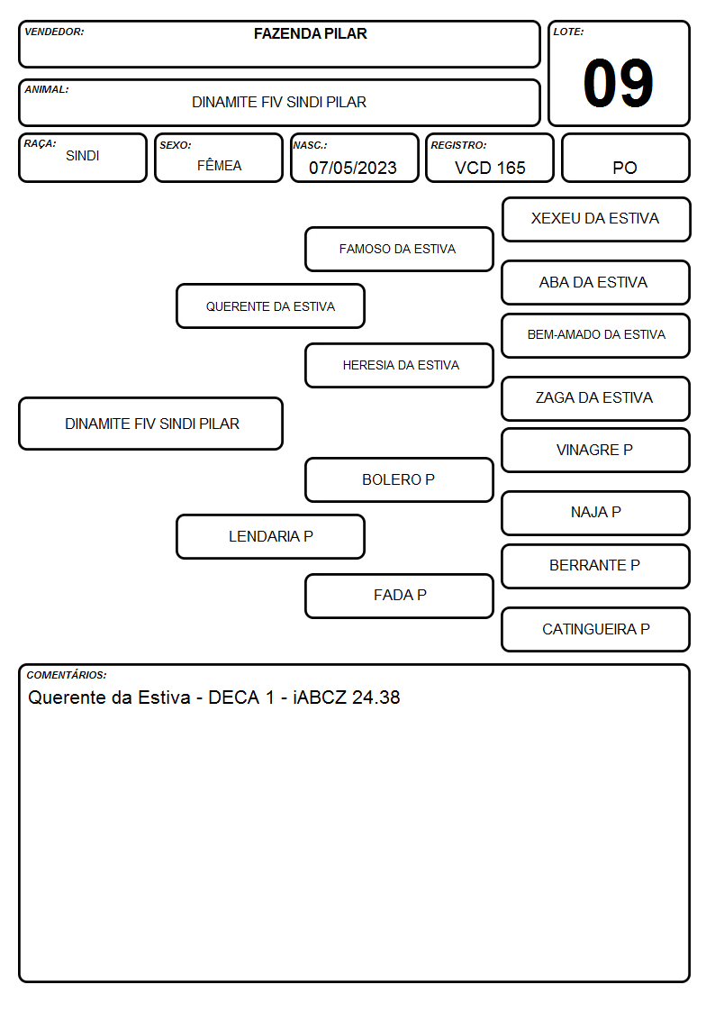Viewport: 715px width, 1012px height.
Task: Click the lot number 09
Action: [x=618, y=83]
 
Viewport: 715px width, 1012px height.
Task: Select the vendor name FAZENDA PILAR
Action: [x=310, y=33]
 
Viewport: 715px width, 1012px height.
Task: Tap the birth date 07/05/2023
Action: [x=353, y=168]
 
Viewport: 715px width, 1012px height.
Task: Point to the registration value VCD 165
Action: [x=490, y=168]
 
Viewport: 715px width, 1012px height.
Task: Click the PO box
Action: [x=625, y=158]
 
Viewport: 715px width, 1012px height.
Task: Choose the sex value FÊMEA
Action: [x=219, y=165]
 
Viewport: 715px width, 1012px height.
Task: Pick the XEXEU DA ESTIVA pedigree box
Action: [x=596, y=220]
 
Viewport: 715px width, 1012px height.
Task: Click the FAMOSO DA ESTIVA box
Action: [x=399, y=249]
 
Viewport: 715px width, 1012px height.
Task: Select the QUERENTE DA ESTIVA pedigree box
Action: [x=270, y=305]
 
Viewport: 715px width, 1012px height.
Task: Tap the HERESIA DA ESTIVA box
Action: [x=399, y=365]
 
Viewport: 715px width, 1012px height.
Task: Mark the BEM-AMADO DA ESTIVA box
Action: [x=596, y=335]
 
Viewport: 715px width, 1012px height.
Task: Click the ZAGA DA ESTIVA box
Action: [x=596, y=399]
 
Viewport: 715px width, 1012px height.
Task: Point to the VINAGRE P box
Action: [x=596, y=451]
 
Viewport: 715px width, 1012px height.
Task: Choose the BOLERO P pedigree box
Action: [x=399, y=480]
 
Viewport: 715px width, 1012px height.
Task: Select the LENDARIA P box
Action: [x=270, y=537]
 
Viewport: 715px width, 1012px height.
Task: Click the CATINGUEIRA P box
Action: [x=596, y=630]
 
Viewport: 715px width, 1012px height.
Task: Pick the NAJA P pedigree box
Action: [x=596, y=513]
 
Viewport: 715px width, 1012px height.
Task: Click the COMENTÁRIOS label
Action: [x=67, y=675]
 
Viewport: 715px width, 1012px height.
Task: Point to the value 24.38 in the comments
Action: [x=376, y=697]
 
